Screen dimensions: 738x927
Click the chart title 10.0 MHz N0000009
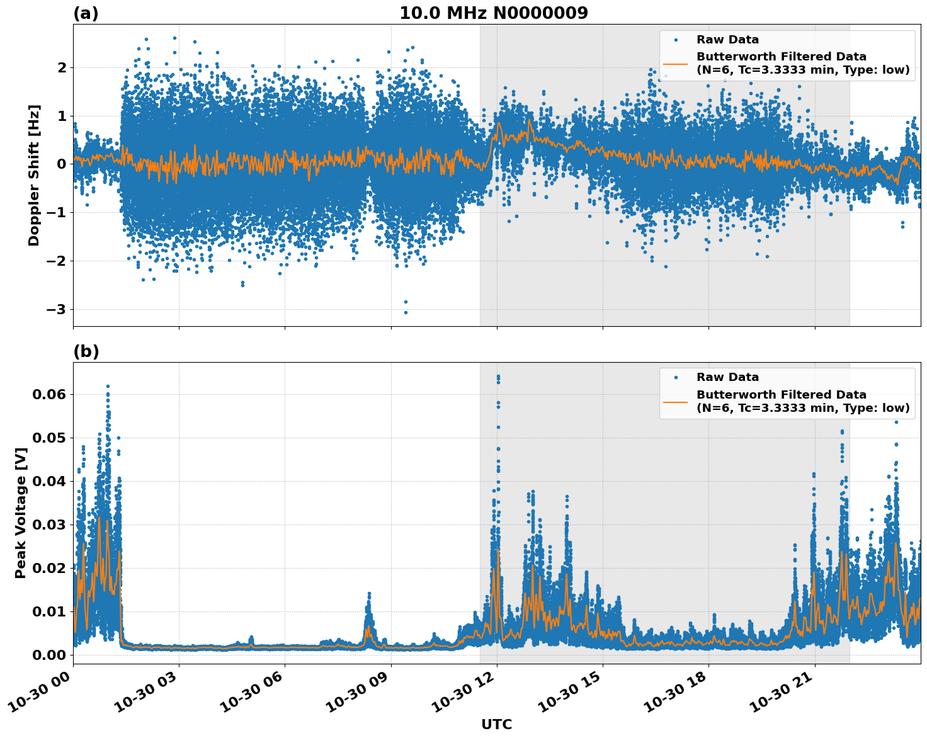(x=493, y=13)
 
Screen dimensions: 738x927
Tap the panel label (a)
(x=86, y=13)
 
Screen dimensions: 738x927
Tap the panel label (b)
(x=86, y=351)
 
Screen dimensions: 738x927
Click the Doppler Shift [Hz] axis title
(x=34, y=175)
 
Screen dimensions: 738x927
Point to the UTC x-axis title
(x=496, y=724)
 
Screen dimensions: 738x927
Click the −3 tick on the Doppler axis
(x=57, y=309)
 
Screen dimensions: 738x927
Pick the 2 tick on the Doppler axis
(x=62, y=67)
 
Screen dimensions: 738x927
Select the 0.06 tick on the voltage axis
(x=49, y=394)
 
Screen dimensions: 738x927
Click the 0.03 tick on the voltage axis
(x=49, y=525)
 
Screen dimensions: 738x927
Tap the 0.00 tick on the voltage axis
(x=49, y=655)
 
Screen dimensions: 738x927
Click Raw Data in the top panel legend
(x=727, y=40)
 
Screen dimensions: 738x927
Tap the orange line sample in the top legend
(x=676, y=63)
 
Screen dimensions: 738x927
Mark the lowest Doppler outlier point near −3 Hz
(x=406, y=312)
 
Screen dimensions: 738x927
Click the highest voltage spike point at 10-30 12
(x=498, y=377)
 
